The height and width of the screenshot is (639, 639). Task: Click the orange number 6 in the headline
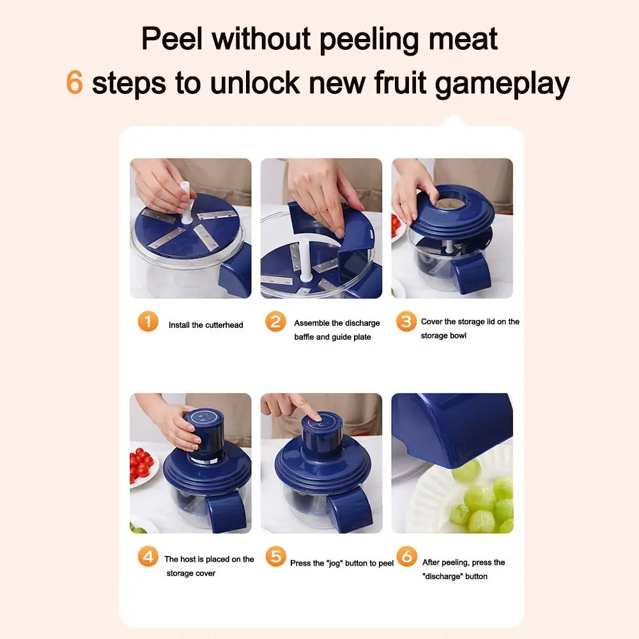75,83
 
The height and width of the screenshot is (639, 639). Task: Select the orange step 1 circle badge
148,321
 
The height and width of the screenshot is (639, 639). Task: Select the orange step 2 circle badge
275,321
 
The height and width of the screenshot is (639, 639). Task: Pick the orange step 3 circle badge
406,321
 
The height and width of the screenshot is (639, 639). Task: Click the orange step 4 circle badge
148,557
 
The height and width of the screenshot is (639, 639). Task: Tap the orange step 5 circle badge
275,556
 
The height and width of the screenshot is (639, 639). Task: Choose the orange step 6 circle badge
406,556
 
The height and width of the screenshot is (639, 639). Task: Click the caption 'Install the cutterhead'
206,325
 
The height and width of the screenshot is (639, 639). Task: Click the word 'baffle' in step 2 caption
304,337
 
